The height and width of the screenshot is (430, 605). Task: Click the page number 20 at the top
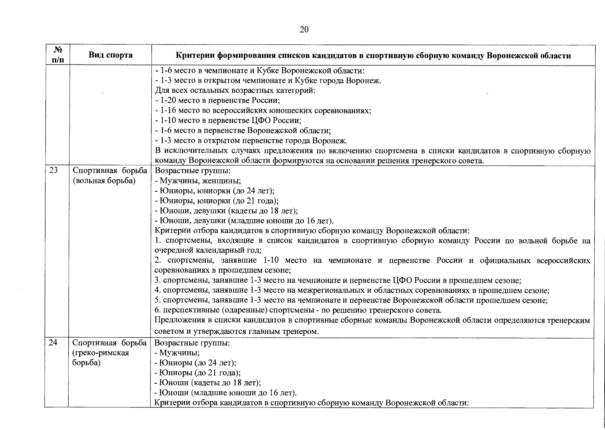pyautogui.click(x=304, y=29)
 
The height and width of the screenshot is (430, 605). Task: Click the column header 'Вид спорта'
pyautogui.click(x=110, y=55)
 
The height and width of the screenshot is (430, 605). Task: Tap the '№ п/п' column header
pyautogui.click(x=57, y=55)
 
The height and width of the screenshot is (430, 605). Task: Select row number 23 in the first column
pyautogui.click(x=53, y=171)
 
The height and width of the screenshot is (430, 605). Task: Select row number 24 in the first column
pyautogui.click(x=53, y=343)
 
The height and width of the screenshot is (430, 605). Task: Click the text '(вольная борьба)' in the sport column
pyautogui.click(x=104, y=181)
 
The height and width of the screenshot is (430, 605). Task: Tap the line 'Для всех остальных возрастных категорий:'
pyautogui.click(x=235, y=90)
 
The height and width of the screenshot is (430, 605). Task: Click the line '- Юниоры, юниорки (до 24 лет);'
pyautogui.click(x=214, y=191)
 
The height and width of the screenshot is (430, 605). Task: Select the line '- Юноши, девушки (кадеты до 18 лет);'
pyautogui.click(x=226, y=211)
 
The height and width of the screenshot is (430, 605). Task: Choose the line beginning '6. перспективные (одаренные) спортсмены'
pyautogui.click(x=298, y=310)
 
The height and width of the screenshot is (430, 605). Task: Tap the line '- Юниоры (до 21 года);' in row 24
pyautogui.click(x=197, y=373)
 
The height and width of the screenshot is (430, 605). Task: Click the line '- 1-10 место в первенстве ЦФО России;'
pyautogui.click(x=228, y=120)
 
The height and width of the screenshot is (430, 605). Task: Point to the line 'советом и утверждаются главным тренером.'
pyautogui.click(x=237, y=331)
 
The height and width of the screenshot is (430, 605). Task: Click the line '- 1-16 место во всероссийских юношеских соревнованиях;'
pyautogui.click(x=263, y=110)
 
